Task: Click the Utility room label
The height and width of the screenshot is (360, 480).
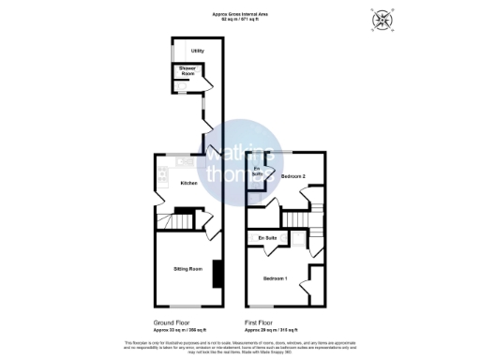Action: click(198, 51)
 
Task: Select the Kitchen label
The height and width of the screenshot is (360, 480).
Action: click(188, 183)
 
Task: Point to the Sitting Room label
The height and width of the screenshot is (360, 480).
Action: click(188, 269)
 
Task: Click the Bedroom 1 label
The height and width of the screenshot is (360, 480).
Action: click(275, 279)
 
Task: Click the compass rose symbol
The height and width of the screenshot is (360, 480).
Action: click(382, 21)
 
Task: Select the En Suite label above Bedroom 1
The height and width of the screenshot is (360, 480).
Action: click(267, 239)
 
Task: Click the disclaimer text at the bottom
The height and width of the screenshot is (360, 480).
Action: click(239, 345)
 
